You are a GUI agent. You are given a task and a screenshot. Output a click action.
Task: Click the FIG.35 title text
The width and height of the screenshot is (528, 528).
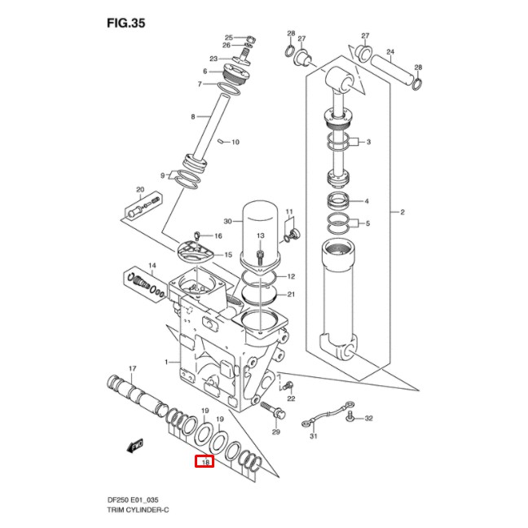pos(125,23)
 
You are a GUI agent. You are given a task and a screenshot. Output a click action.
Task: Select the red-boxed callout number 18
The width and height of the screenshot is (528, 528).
pos(205,462)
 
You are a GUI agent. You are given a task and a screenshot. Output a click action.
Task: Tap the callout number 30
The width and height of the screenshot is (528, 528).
pos(228,221)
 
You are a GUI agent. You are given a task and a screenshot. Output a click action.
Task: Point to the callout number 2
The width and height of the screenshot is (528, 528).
pos(402,213)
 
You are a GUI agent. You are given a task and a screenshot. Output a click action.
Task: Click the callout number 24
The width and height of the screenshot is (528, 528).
pos(390,51)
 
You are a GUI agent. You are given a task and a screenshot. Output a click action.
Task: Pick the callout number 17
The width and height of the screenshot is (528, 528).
pos(132,369)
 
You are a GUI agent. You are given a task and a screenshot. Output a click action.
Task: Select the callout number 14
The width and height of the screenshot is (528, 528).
pos(152,266)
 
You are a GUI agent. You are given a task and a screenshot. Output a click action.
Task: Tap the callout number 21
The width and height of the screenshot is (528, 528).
pos(291,294)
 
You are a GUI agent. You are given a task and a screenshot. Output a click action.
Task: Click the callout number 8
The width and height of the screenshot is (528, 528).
pos(193,117)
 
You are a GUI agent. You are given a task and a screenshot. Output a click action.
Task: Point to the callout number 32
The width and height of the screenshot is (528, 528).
pos(368,418)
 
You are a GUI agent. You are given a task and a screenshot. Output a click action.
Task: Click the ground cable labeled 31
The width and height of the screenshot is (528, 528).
pos(327,414)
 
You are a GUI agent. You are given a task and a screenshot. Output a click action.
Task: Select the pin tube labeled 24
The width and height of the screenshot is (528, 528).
pos(392,68)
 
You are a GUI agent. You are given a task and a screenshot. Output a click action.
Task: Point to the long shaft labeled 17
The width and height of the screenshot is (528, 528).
pos(134,394)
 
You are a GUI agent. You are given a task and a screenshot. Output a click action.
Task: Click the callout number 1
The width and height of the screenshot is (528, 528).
pos(167,362)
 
